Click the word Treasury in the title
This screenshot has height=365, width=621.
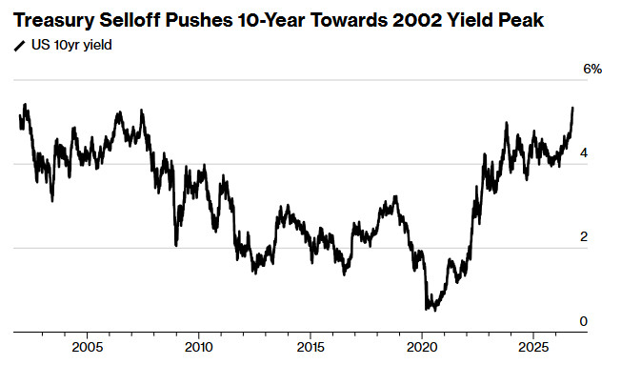tap(53, 20)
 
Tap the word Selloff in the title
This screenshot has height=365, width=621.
tap(130, 20)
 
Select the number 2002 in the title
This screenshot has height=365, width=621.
tap(416, 20)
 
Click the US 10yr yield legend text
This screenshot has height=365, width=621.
tap(71, 45)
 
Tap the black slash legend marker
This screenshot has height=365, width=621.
tap(19, 46)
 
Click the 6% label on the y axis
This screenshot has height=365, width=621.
tap(592, 69)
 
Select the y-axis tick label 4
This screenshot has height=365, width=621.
tap(583, 153)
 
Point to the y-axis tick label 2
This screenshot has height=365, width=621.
tap(583, 236)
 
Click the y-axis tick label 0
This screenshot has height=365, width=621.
tap(583, 321)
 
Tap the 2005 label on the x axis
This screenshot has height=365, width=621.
tap(87, 348)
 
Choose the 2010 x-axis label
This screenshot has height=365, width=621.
tap(199, 348)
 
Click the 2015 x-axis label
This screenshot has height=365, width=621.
tap(310, 348)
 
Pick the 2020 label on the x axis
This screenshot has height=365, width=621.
tap(422, 348)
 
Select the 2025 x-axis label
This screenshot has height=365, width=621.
tap(534, 348)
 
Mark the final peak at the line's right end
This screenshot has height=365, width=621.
tap(572, 108)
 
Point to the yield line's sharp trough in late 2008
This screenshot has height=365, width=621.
tap(176, 245)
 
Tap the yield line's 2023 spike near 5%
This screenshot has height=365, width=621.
tap(506, 123)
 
